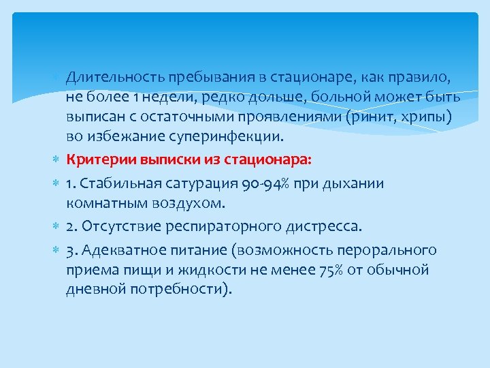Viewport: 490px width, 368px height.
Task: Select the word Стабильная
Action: [116, 184]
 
